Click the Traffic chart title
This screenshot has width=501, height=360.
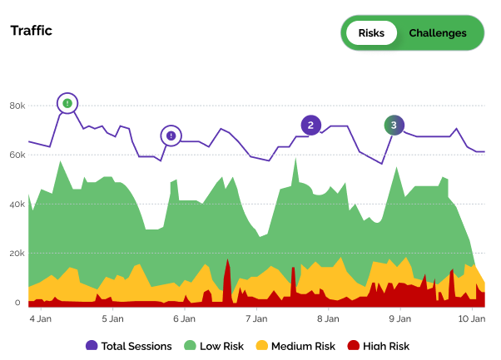coord(31,31)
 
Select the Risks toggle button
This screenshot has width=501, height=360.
coord(371,33)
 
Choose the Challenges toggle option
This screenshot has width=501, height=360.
coord(438,33)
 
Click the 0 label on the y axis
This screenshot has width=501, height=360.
coord(17,303)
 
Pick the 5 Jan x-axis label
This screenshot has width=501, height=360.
coord(112,318)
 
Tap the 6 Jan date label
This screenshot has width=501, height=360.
coord(184,318)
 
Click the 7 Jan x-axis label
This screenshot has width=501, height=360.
coord(256,318)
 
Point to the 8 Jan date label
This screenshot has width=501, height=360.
coord(328,318)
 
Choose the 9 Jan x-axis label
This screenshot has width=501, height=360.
coord(400,318)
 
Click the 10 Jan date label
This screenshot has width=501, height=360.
coord(471,318)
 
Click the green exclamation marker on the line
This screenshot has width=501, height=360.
coord(68,103)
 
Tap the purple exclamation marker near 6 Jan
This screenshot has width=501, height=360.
coord(171,136)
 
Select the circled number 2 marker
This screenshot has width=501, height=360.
coord(310,126)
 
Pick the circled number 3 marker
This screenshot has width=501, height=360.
coord(394,126)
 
